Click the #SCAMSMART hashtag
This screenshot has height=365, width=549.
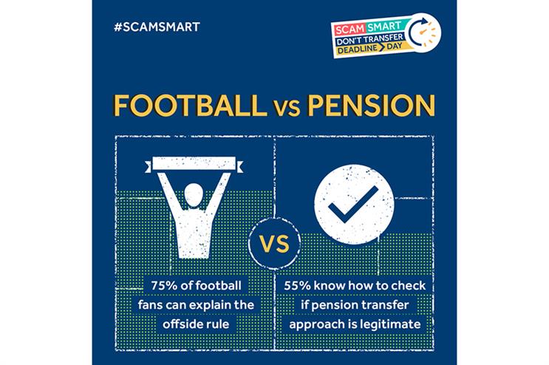[x=157, y=27]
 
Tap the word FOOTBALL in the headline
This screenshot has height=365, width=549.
[x=189, y=106]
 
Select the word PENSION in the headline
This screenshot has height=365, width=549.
[x=371, y=106]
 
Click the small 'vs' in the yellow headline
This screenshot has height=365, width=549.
[x=286, y=109]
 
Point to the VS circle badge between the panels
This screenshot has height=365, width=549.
[x=275, y=244]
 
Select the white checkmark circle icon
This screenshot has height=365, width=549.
[x=354, y=205]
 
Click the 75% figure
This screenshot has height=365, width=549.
[x=164, y=285]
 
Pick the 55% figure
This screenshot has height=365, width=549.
[x=297, y=285]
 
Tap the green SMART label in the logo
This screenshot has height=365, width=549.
[x=384, y=27]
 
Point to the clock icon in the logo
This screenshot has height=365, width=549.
[x=424, y=33]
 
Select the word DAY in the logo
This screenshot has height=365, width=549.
[x=395, y=46]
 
